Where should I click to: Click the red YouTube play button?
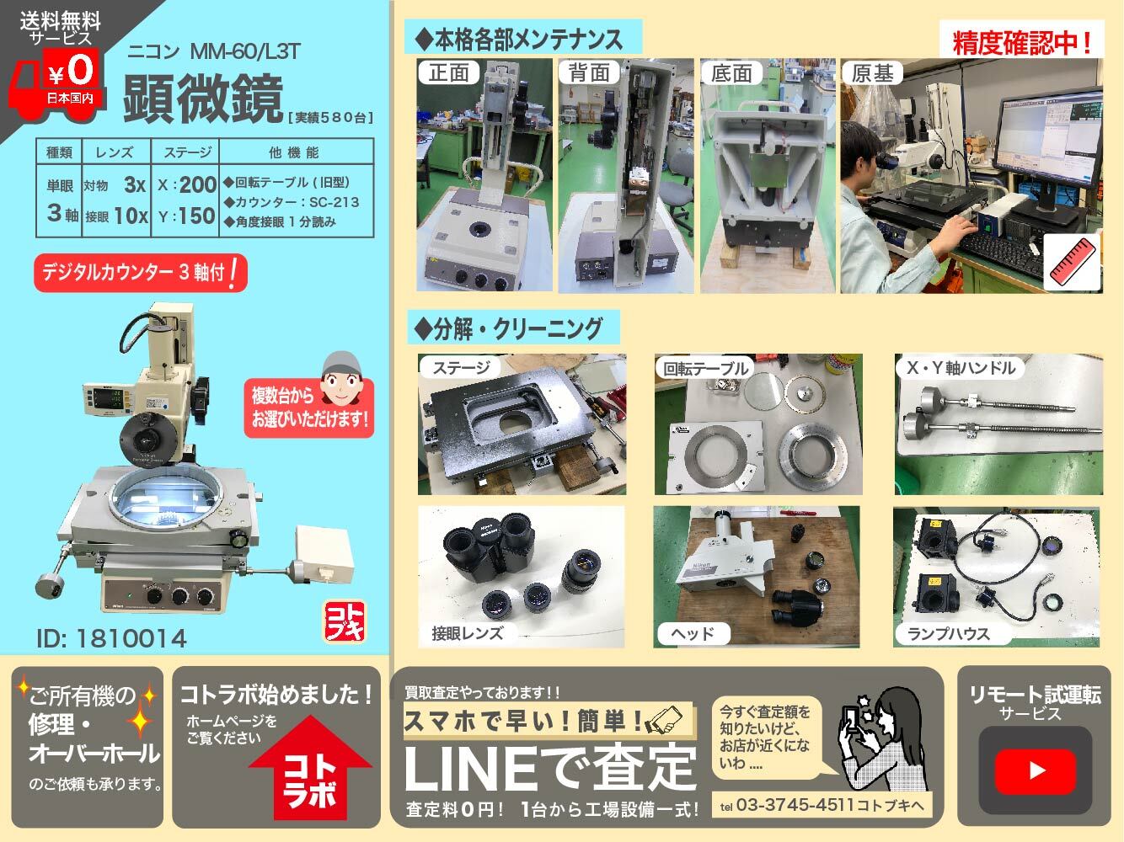tap(1035, 771)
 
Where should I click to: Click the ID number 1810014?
tap(111, 638)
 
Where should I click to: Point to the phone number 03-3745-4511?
tap(795, 805)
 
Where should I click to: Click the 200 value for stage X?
tap(198, 184)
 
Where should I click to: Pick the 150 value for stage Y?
tap(197, 216)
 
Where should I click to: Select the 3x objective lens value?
tap(135, 184)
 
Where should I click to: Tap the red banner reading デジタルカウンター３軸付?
tap(141, 273)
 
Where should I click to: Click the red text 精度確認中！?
tap(1021, 43)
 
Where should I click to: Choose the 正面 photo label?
tap(448, 72)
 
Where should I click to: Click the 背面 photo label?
tap(590, 72)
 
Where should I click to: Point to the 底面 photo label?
tap(731, 73)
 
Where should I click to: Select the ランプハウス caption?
tap(949, 634)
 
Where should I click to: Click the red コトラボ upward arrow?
tap(310, 768)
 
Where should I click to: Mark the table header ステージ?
tap(187, 152)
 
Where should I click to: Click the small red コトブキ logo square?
tap(345, 621)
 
